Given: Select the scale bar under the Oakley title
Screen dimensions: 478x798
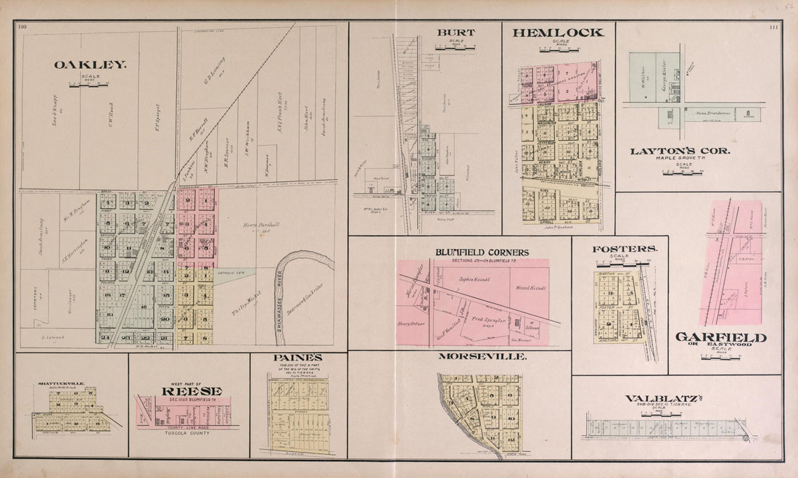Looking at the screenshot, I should pyautogui.click(x=88, y=84).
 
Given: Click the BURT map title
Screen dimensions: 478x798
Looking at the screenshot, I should pyautogui.click(x=455, y=33).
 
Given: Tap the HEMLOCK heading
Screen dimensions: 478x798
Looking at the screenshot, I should pyautogui.click(x=557, y=33).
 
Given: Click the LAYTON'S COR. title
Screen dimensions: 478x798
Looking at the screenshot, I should pyautogui.click(x=679, y=151).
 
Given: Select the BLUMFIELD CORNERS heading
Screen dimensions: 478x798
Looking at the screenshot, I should pyautogui.click(x=482, y=252).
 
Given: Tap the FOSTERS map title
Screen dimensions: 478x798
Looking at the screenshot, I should pyautogui.click(x=625, y=249).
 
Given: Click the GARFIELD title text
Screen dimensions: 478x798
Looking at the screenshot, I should pyautogui.click(x=720, y=337).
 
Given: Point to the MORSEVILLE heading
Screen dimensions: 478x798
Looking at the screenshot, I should pyautogui.click(x=482, y=357).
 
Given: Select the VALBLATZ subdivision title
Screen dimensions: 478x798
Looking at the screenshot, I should pyautogui.click(x=655, y=398).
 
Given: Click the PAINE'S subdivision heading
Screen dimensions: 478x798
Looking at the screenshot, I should pyautogui.click(x=297, y=358).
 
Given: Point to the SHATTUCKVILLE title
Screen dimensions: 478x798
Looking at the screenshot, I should pyautogui.click(x=61, y=384).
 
